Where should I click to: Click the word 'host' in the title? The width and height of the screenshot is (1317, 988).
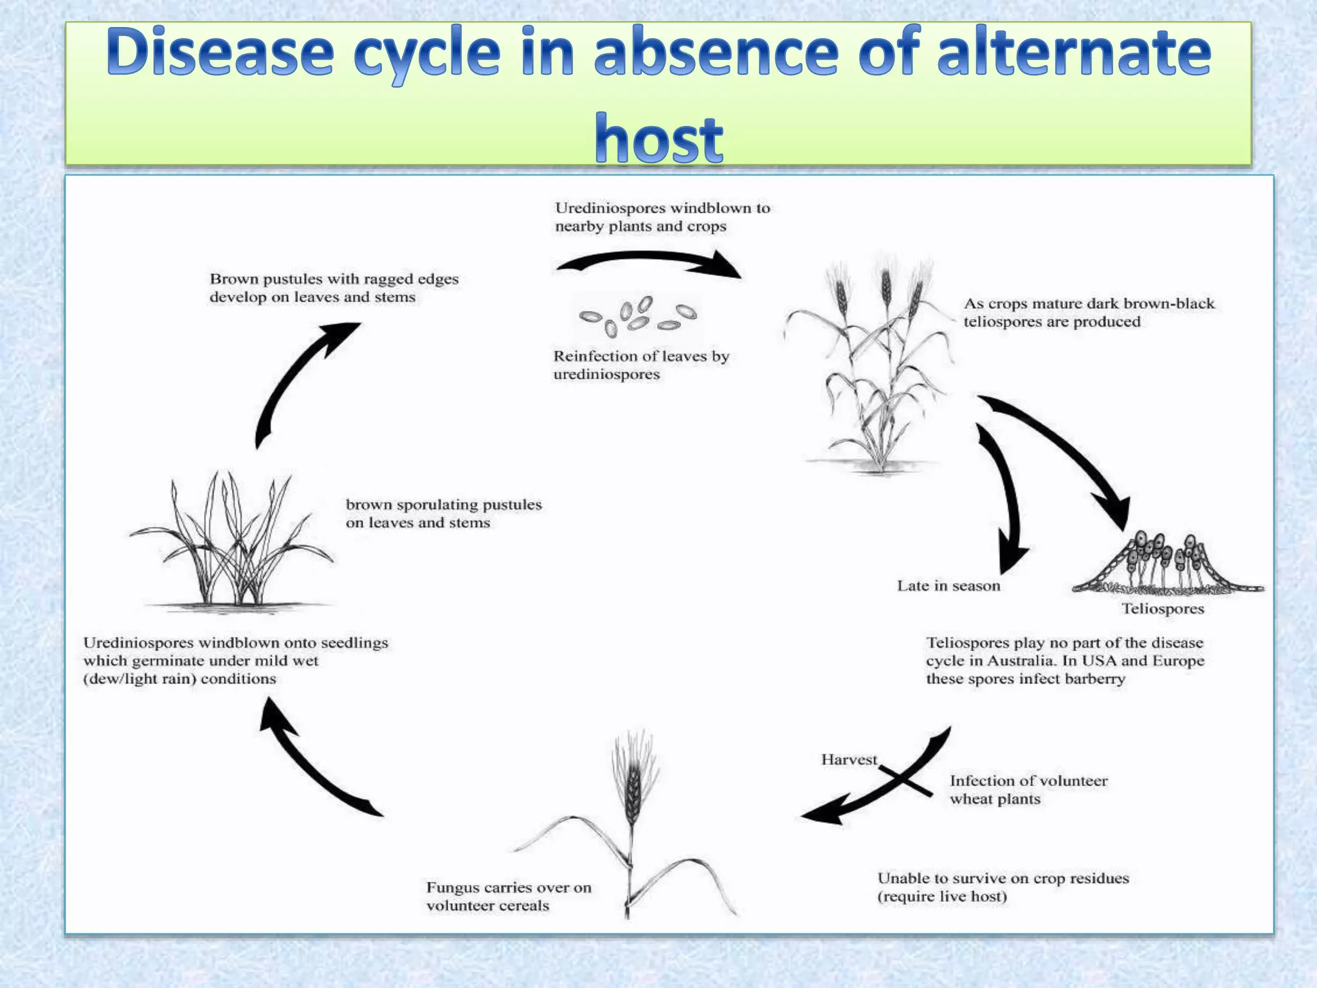click(x=658, y=138)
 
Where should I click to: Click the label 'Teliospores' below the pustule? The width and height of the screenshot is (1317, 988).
click(x=1163, y=608)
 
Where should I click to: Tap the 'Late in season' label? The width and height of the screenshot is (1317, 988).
click(x=949, y=586)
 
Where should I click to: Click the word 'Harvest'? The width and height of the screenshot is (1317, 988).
click(x=848, y=760)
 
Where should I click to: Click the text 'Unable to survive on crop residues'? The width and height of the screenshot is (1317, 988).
click(x=1003, y=879)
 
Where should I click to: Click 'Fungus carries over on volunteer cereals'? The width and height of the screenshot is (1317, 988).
click(x=508, y=897)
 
